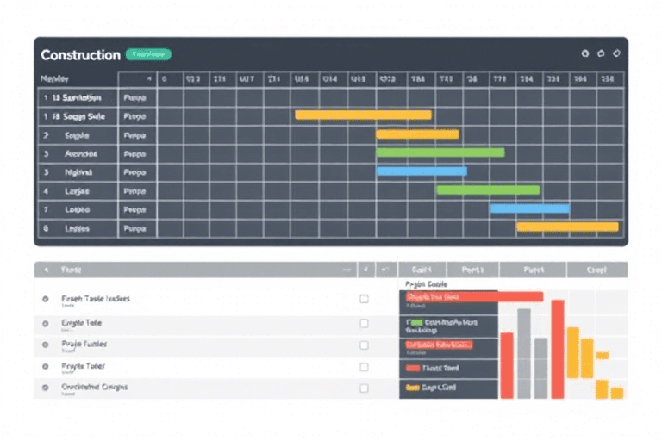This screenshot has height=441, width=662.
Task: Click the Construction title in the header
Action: point(80,55)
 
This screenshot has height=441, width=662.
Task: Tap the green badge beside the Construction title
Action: point(148,54)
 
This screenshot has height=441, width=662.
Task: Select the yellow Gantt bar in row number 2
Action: point(417,134)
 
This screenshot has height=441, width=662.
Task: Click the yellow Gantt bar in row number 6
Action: point(567,227)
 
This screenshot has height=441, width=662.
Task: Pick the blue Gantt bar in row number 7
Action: point(529,208)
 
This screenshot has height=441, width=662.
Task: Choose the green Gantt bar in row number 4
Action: point(488,189)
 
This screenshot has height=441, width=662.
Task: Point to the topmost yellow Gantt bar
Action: point(363,115)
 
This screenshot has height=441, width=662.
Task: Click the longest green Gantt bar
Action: point(440,152)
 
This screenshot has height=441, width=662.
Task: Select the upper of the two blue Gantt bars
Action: point(422,171)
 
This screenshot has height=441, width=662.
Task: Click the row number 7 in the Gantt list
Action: point(45,209)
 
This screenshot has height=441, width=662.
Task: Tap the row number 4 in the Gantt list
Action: point(45,190)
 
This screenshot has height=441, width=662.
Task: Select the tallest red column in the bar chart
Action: point(558,349)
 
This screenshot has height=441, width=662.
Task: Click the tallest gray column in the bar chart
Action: point(524,353)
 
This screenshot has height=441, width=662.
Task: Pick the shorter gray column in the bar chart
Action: point(540,368)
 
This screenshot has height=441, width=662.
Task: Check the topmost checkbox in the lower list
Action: point(364,299)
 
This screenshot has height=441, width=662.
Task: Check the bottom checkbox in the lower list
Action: point(364,388)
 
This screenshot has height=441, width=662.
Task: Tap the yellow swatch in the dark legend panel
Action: point(412,388)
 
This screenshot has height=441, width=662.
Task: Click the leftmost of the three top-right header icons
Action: point(585,53)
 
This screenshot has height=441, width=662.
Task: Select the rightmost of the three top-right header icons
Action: point(615,53)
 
